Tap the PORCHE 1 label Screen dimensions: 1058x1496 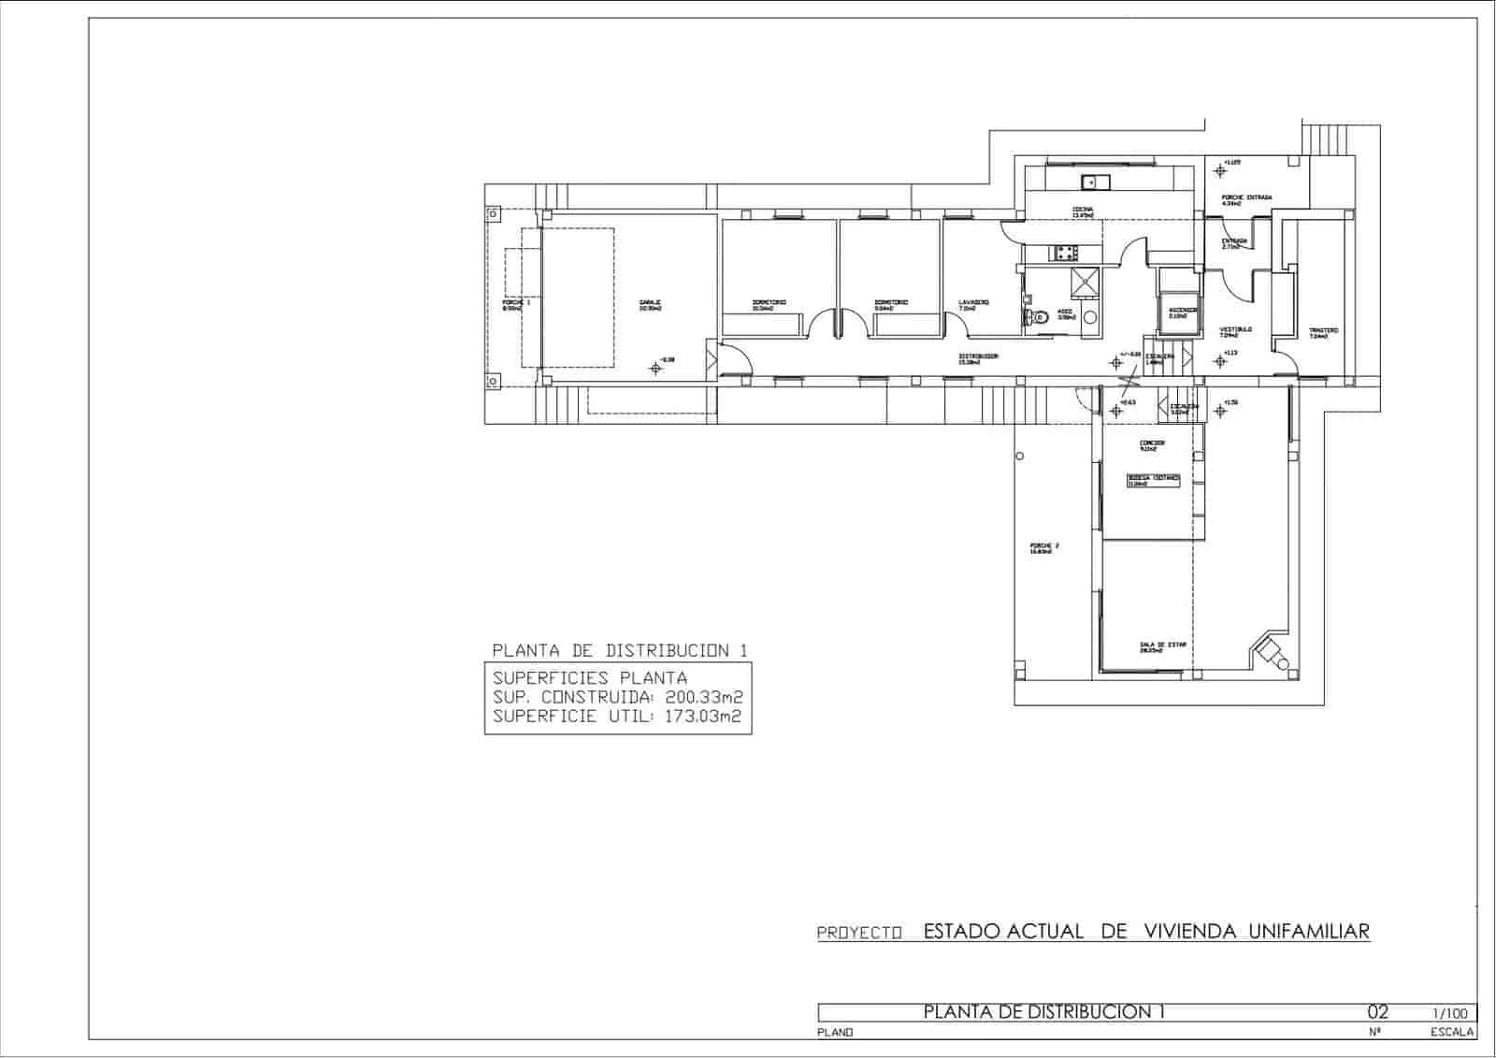coord(515,305)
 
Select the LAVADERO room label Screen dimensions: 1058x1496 coord(973,304)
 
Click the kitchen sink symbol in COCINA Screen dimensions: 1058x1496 coord(1091,181)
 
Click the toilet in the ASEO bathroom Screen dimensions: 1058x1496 coord(1032,318)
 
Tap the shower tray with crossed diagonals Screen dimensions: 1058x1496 coord(1086,281)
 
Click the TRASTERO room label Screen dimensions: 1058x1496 coord(1323,332)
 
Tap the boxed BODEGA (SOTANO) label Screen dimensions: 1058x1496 coord(1154,480)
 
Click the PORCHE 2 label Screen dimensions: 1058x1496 coord(1043,548)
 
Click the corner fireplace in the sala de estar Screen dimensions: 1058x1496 coord(1273,651)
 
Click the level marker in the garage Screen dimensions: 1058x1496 coord(655,368)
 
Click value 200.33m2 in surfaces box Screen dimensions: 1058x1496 coord(703,698)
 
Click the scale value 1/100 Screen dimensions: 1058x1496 coord(1448,1013)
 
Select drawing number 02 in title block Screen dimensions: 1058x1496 coord(1378,1012)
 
